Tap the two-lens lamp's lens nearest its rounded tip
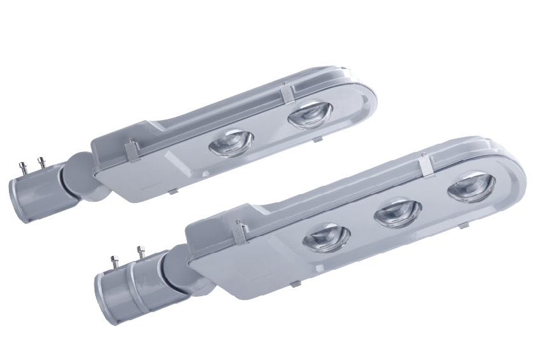(x=307, y=116)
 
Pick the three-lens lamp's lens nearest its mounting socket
(x=326, y=238)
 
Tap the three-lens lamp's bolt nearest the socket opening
(x=115, y=261)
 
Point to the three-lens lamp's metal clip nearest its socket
(x=240, y=233)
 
